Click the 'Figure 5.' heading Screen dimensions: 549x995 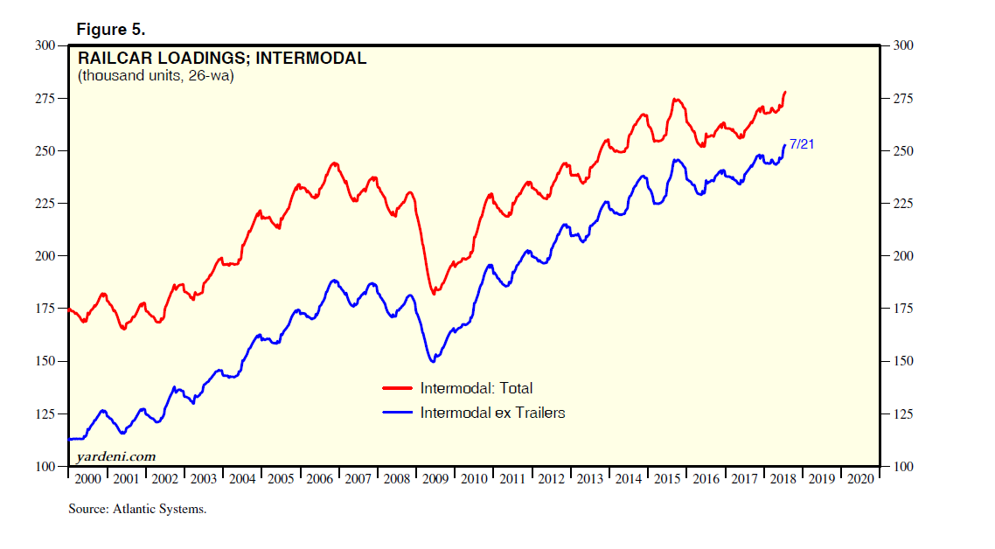110,29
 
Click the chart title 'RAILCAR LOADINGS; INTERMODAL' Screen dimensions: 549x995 222,59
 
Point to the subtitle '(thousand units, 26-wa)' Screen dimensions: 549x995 157,76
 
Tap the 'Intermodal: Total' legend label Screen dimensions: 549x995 476,388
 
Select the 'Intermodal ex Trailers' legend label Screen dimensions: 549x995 492,413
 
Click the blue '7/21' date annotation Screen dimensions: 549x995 802,144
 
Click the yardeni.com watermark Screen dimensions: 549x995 115,455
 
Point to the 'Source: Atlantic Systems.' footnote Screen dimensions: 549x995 137,509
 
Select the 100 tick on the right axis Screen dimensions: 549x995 902,466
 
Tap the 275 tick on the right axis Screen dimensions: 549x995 902,98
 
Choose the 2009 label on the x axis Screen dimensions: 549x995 435,479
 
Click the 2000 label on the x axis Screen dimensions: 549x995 87,479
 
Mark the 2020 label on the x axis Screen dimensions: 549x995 859,479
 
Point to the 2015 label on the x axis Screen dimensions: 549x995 666,479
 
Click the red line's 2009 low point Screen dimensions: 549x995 435,293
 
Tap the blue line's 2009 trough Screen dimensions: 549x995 432,361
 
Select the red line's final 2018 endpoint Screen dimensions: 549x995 785,92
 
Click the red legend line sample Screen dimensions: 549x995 397,388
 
